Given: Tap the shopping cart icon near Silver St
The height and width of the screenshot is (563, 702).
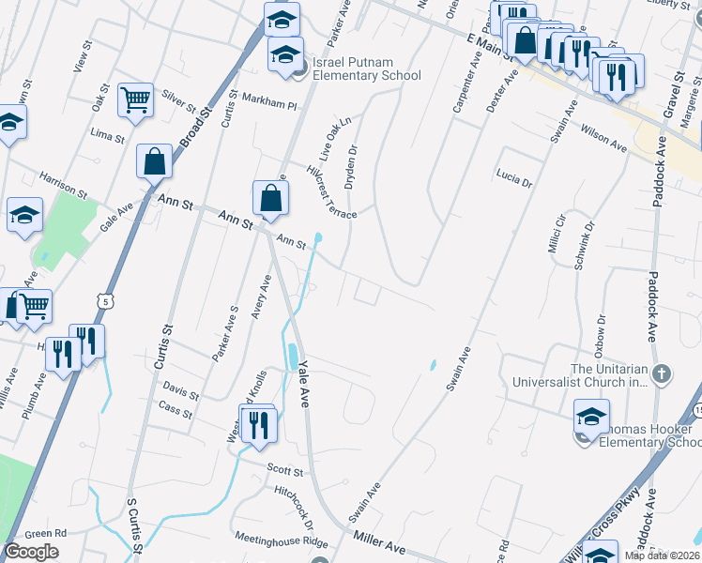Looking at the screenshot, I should pyautogui.click(x=136, y=99).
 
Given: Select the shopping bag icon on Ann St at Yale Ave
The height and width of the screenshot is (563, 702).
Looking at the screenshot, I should pyautogui.click(x=270, y=198).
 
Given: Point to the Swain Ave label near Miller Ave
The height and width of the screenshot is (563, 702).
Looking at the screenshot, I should pyautogui.click(x=365, y=504).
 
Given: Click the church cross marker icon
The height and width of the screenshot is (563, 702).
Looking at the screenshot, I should pyautogui.click(x=662, y=375).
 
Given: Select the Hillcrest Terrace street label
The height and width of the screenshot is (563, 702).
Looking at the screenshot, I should pyautogui.click(x=331, y=193).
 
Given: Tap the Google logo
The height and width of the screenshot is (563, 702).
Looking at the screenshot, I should pyautogui.click(x=31, y=551).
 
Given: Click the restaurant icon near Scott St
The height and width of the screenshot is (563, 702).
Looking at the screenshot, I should pyautogui.click(x=255, y=425).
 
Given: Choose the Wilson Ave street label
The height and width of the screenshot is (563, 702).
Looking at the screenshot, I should pyautogui.click(x=603, y=137).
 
